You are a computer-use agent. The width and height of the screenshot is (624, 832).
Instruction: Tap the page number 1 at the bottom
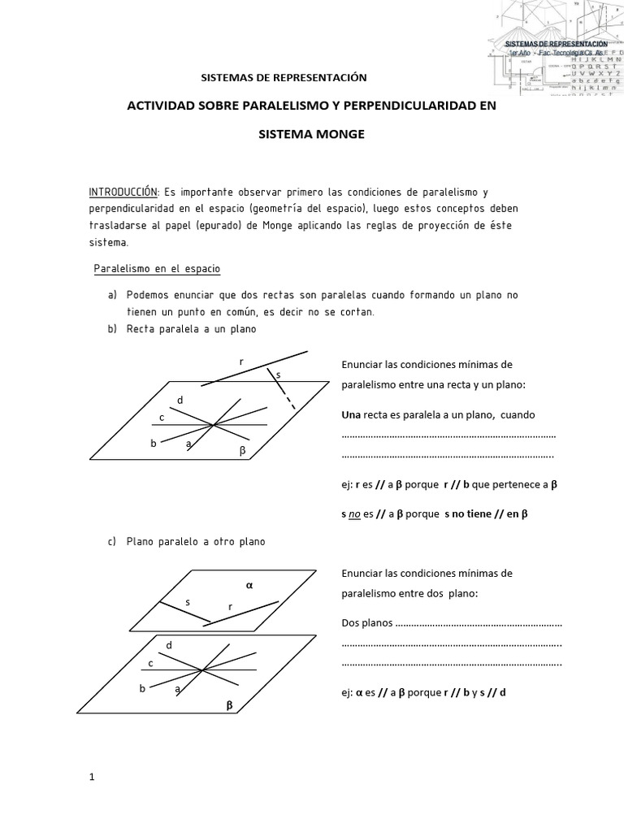(92, 777)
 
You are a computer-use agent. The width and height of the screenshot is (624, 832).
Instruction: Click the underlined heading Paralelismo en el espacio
(158, 267)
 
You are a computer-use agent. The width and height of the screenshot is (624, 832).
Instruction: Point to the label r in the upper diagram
(240, 362)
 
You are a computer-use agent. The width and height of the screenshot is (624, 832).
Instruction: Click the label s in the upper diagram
(278, 375)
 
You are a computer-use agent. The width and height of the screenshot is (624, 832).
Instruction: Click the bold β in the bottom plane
(229, 706)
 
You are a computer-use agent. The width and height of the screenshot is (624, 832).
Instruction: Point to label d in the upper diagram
(180, 401)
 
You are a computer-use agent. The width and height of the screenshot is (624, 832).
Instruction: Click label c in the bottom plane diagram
(150, 663)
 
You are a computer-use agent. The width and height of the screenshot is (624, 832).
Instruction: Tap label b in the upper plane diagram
(153, 443)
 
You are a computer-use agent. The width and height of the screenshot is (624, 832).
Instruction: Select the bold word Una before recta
(351, 414)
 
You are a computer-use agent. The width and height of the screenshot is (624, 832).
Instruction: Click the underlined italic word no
(354, 513)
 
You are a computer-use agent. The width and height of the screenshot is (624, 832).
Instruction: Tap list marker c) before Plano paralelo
(111, 541)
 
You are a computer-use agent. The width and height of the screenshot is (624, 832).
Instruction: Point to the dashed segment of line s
(288, 399)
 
